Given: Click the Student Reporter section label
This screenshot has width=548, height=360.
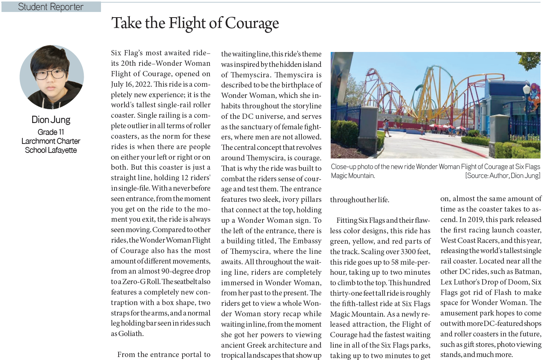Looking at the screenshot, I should (x=51, y=7).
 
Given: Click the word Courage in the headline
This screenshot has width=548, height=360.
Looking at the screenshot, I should (x=252, y=23).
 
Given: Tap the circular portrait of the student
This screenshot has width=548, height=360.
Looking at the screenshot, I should (x=52, y=77).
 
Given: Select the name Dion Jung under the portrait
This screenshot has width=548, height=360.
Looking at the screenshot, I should (x=51, y=120).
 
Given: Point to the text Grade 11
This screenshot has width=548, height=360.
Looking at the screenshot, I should (x=51, y=132).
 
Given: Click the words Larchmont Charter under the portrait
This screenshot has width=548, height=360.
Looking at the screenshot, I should (x=51, y=141).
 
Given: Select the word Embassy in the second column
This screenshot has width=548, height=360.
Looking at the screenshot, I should (x=307, y=241).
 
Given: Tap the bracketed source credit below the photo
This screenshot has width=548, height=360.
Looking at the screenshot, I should (x=502, y=176).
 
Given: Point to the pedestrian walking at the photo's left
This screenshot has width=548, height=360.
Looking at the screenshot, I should (x=386, y=128).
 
